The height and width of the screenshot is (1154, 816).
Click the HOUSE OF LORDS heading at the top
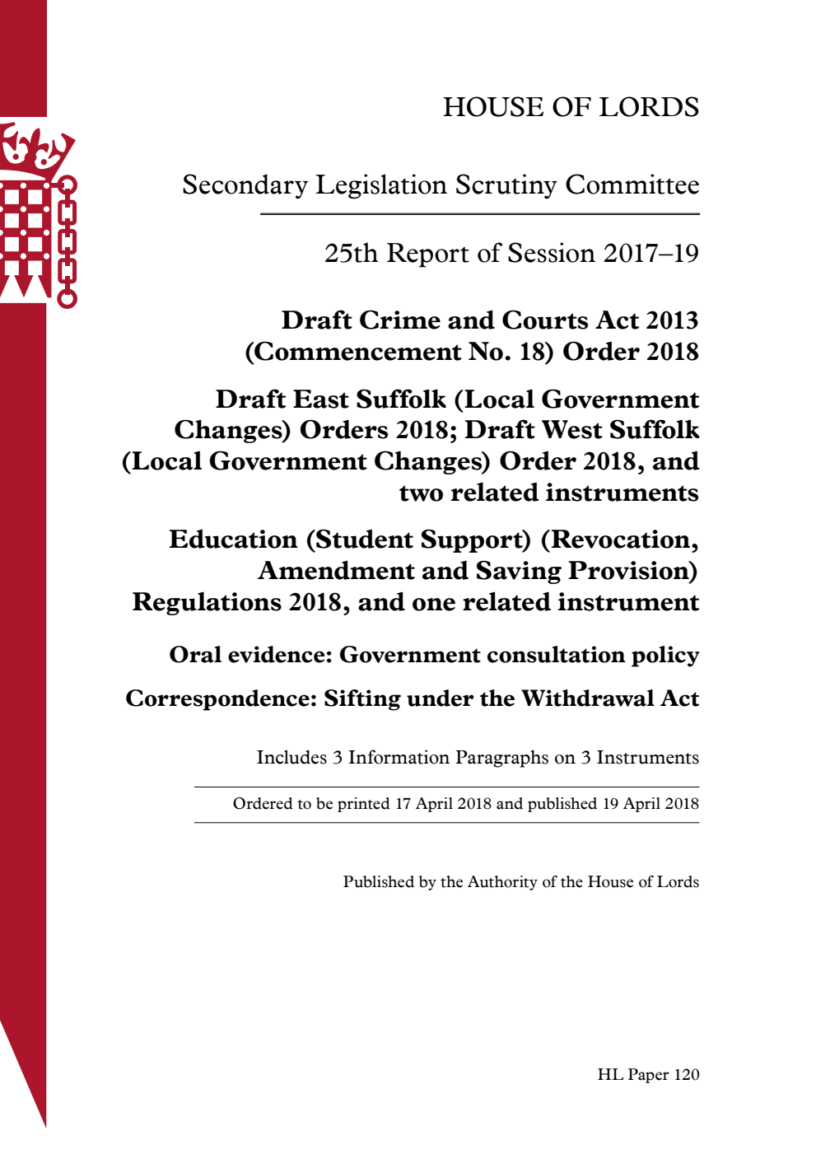click(571, 107)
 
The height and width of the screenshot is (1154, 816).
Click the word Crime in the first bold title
click(398, 320)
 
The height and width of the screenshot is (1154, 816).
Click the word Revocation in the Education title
click(624, 540)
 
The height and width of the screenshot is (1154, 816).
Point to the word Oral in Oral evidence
click(195, 655)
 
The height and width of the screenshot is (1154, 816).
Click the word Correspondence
click(221, 698)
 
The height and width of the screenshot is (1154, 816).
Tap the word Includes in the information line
click(291, 758)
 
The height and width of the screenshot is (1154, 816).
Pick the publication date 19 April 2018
click(650, 804)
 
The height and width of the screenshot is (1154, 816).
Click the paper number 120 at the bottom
click(686, 1075)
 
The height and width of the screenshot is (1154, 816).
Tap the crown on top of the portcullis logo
click(33, 148)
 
